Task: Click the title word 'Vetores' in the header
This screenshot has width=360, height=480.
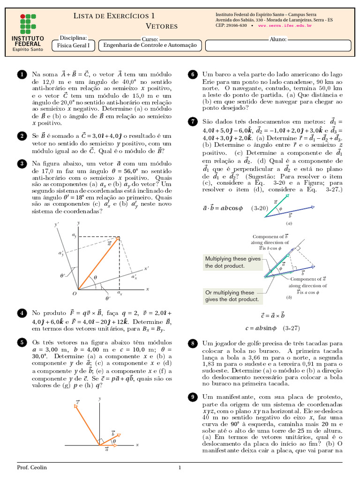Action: click(162, 26)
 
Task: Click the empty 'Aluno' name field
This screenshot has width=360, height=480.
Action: click(278, 45)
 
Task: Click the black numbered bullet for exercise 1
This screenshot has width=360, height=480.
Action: click(21, 75)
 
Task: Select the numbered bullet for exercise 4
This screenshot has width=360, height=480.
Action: click(21, 313)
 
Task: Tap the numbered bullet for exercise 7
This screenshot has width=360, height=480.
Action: click(192, 121)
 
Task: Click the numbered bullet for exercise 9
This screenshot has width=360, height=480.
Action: click(192, 397)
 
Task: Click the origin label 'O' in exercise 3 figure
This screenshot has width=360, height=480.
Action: click(74, 294)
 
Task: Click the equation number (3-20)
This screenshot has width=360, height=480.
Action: click(260, 208)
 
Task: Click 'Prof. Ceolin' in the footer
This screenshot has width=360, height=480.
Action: click(32, 468)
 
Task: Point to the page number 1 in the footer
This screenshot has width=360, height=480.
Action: click(180, 468)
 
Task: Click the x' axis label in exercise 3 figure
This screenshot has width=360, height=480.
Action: click(146, 269)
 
